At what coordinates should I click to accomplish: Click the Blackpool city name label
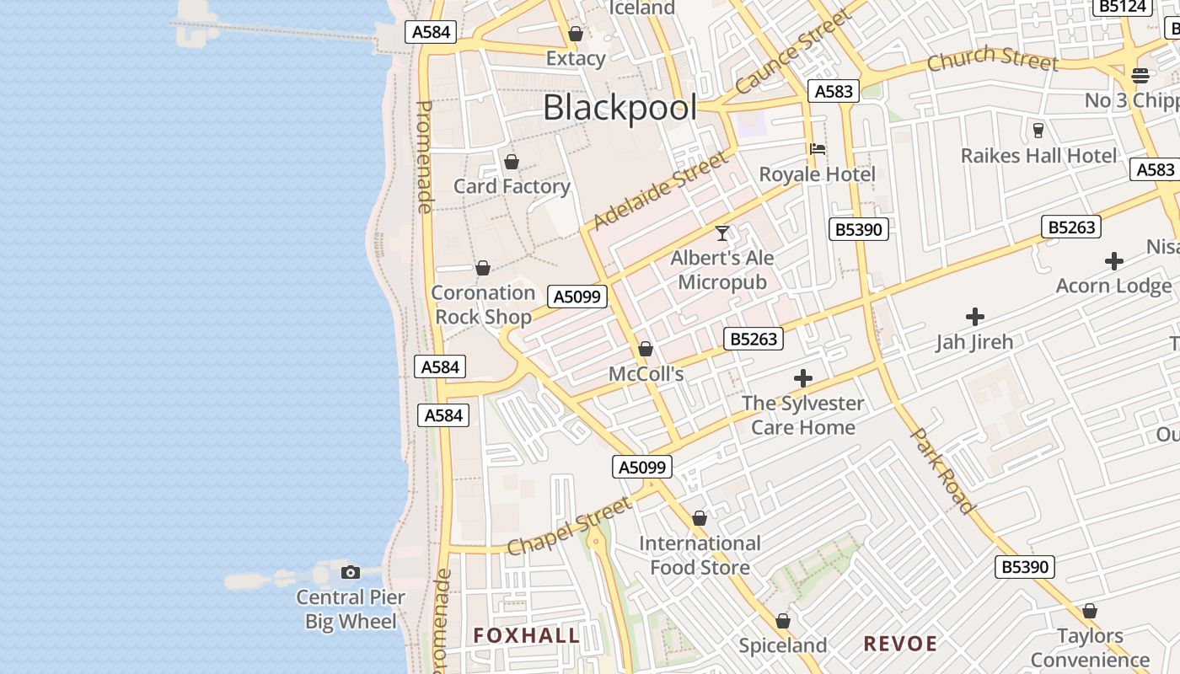[x=620, y=109]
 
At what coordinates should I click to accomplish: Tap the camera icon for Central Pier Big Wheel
[x=351, y=573]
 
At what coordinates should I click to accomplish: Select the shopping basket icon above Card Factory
[x=511, y=162]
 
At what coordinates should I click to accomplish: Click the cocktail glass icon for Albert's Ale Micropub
[x=722, y=233]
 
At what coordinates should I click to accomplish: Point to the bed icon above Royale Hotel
[x=817, y=150]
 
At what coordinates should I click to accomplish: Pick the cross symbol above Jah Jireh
[x=975, y=317]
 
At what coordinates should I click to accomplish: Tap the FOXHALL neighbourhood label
[x=527, y=635]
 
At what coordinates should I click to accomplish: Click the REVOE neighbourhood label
[x=900, y=645]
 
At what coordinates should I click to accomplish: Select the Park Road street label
[x=943, y=470]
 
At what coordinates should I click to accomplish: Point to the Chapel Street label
[x=571, y=526]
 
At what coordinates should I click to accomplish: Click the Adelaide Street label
[x=660, y=190]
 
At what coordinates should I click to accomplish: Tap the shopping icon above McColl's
[x=646, y=349]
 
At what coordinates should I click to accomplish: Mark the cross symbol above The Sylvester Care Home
[x=803, y=378]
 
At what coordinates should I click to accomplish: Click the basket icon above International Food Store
[x=700, y=518]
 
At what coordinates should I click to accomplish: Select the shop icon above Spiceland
[x=783, y=621]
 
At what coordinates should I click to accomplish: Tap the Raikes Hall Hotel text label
[x=1038, y=156]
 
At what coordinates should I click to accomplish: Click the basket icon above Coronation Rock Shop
[x=483, y=269]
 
